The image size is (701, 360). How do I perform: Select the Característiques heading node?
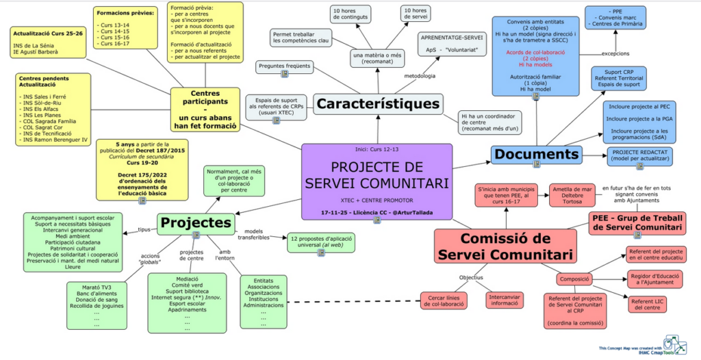[x=377, y=104]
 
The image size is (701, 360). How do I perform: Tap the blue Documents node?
[x=537, y=155]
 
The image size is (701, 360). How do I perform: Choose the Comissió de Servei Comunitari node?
[x=505, y=246]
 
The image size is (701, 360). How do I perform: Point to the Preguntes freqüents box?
[x=285, y=67]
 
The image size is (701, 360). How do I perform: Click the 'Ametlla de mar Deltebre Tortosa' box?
[x=572, y=195]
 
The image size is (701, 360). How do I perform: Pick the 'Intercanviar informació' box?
[x=504, y=300]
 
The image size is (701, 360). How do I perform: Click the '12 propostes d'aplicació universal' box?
[x=321, y=242]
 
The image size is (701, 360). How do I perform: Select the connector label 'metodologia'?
[x=419, y=75]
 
